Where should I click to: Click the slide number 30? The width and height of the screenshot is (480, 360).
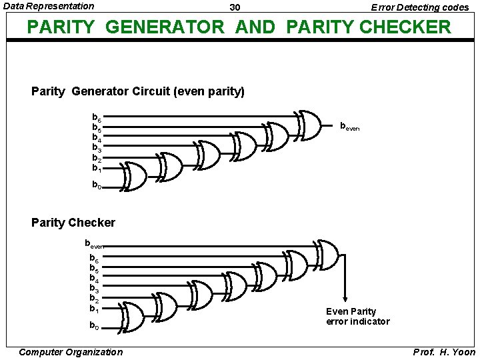pos(235,7)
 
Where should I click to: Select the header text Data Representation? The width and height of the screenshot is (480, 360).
pos(49,6)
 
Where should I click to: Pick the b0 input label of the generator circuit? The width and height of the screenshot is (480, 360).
pos(97,186)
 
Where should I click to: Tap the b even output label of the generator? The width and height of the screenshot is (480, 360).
pos(349,125)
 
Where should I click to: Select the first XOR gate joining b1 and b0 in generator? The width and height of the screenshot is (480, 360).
pos(135,176)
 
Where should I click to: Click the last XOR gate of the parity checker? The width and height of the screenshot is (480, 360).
pos(326,253)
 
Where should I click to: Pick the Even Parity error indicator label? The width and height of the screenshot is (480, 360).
pos(357,317)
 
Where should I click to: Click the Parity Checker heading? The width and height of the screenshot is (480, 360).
pos(73,223)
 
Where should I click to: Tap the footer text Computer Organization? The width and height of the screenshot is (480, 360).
pos(71,352)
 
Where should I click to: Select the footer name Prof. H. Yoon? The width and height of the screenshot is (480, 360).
pos(445,352)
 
